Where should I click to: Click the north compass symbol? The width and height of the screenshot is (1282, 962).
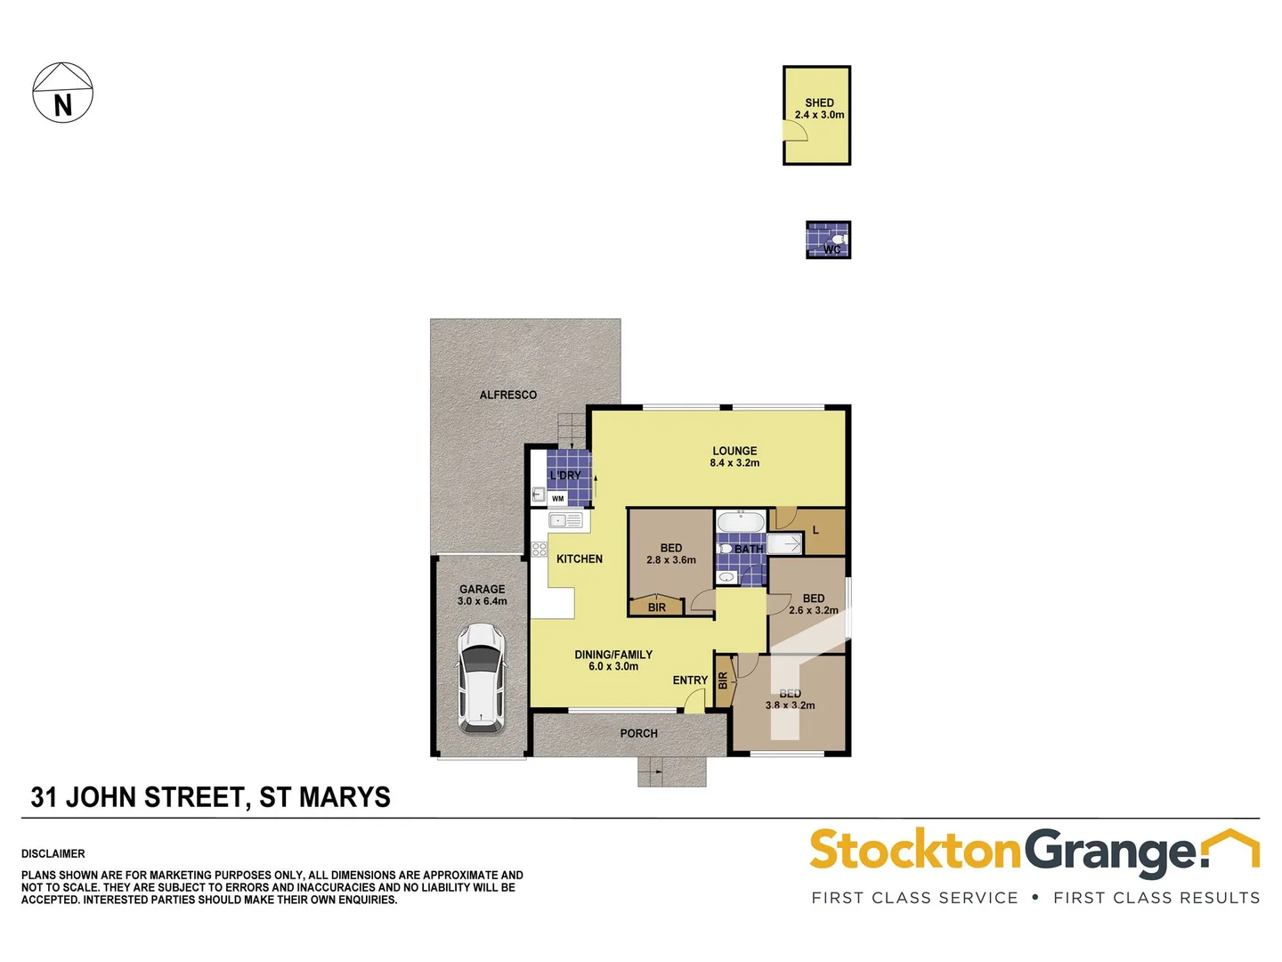point(62,93)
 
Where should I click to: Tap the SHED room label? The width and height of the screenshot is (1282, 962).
point(819,103)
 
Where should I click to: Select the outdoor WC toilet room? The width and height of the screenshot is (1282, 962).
point(828,240)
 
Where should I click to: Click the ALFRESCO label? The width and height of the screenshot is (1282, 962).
point(508,395)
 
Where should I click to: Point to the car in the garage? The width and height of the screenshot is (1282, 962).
point(481,678)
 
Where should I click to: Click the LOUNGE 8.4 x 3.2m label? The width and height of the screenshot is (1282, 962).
point(734,457)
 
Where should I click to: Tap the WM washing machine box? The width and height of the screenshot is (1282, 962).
point(558,499)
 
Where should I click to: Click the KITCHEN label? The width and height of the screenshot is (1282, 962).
point(580,559)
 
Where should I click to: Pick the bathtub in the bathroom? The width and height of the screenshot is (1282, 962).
point(740,522)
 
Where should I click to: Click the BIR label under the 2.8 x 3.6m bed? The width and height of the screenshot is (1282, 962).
point(657,607)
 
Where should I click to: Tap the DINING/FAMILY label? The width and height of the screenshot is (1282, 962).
point(613,655)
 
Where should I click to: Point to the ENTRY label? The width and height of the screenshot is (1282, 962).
point(690,681)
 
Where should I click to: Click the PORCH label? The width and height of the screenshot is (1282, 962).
point(638,734)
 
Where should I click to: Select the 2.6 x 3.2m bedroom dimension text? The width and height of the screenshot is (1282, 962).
point(814,611)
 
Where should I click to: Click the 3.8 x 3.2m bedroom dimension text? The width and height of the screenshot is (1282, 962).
point(791,705)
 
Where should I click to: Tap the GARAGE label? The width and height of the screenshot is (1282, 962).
point(483,590)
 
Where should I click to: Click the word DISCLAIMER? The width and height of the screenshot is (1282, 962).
point(53,854)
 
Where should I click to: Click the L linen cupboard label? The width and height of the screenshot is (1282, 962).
point(815,531)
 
